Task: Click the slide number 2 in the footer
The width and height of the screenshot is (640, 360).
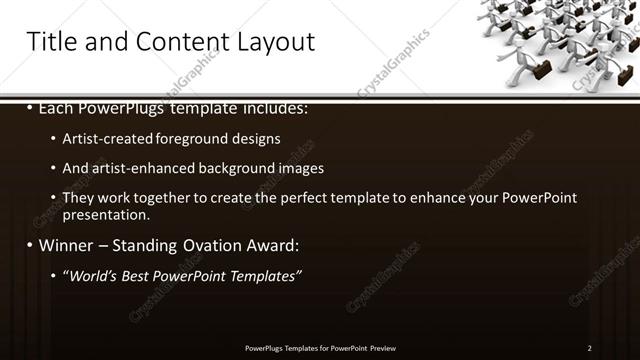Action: pos(589,347)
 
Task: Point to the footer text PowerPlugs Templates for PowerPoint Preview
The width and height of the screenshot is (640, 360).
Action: pos(320,347)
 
